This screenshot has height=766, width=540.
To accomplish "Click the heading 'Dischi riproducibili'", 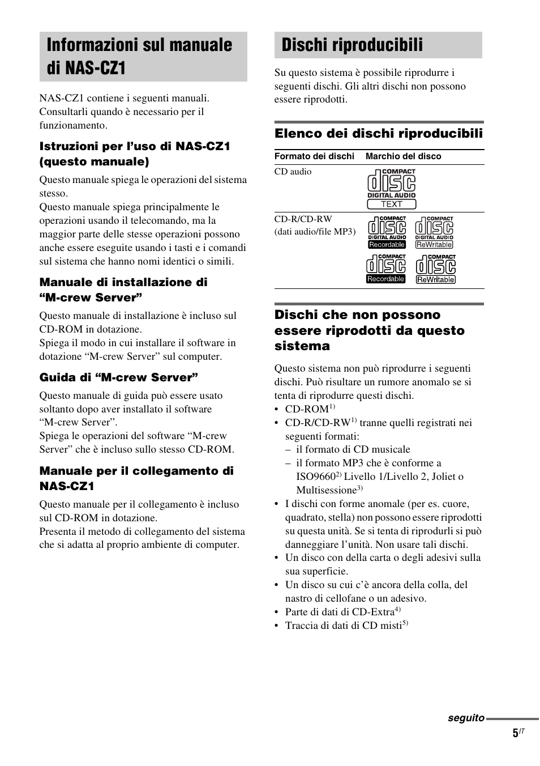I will [x=352, y=45].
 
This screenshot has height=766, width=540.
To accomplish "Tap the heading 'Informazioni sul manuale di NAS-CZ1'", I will [x=140, y=56].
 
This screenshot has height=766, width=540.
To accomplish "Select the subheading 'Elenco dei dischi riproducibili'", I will [x=378, y=133].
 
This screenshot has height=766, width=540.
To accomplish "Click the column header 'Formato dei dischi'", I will [x=314, y=156].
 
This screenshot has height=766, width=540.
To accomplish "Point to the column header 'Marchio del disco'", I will [x=403, y=156].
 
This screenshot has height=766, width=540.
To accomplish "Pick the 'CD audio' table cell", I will [x=293, y=172].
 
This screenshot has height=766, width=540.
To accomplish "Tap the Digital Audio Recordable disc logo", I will [x=387, y=232].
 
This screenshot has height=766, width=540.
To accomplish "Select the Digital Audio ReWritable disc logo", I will [x=434, y=232].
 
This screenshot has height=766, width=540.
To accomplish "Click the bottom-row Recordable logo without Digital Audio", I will [x=385, y=269].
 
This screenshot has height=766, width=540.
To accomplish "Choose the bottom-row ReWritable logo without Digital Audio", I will [x=435, y=269].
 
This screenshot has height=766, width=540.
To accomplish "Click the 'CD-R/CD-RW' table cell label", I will [x=303, y=219].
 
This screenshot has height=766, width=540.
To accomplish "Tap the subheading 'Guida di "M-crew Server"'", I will [x=118, y=377].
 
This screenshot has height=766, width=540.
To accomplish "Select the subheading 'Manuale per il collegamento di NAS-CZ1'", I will [x=136, y=478].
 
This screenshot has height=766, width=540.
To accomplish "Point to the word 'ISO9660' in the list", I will [x=315, y=476].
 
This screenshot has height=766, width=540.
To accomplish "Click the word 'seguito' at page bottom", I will [x=466, y=718].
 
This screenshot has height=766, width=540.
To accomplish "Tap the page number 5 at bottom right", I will [x=515, y=734].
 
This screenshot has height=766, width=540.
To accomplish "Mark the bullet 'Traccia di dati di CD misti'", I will [x=343, y=625].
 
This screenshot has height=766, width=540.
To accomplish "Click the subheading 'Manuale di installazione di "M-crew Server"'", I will [x=123, y=290].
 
